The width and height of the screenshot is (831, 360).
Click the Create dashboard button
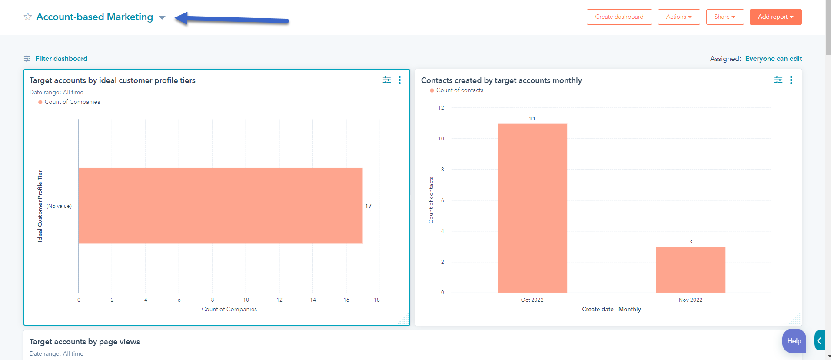[x=619, y=17]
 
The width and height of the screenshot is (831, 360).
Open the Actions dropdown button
[x=678, y=17]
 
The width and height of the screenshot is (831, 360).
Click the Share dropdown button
[x=725, y=17]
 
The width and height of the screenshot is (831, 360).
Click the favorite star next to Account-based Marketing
[x=28, y=17]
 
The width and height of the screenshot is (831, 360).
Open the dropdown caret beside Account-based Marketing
[x=162, y=17]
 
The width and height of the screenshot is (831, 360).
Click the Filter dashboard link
[x=61, y=58]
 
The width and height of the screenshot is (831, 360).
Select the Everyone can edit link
[x=773, y=58]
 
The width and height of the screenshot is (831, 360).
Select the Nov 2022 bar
[x=690, y=270]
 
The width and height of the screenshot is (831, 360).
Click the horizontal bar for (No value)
[x=220, y=206]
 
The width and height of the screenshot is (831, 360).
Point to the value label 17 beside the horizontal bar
[x=368, y=206]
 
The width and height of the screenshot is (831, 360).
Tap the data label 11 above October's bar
[x=532, y=118]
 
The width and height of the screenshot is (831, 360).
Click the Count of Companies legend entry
[x=72, y=102]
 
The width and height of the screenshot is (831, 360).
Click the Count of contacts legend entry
[x=459, y=90]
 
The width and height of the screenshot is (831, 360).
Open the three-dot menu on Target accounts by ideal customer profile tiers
[x=399, y=80]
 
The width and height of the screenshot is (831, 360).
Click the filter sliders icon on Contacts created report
[x=778, y=80]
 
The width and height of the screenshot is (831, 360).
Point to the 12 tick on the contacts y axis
[x=441, y=107]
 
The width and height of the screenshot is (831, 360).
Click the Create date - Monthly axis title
[x=611, y=309]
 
